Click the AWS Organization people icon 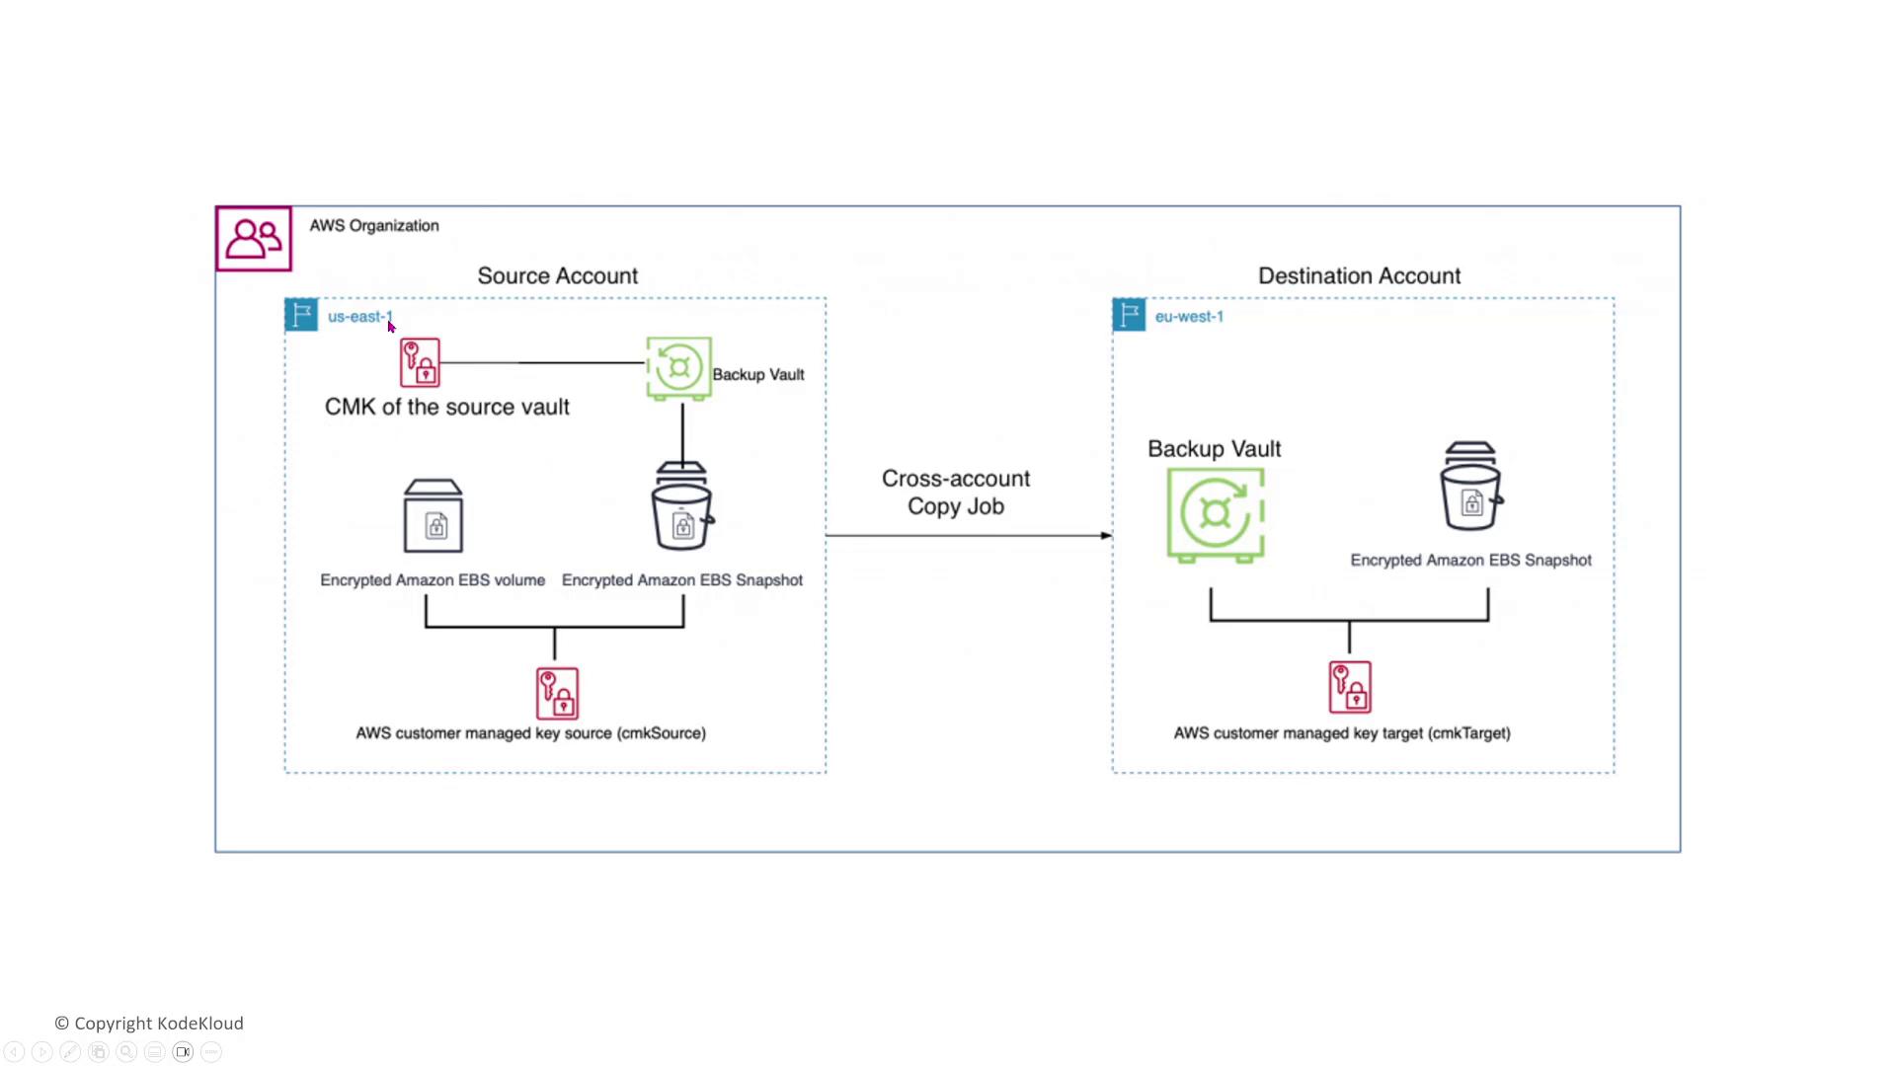pyautogui.click(x=254, y=239)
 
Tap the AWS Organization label pyautogui.click(x=374, y=226)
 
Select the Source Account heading pyautogui.click(x=557, y=276)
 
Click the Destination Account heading pyautogui.click(x=1359, y=276)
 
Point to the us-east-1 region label pyautogui.click(x=359, y=317)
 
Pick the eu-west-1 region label pyautogui.click(x=1189, y=317)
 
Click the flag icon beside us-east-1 pyautogui.click(x=301, y=315)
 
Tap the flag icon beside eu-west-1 pyautogui.click(x=1129, y=315)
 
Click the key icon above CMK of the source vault pyautogui.click(x=420, y=363)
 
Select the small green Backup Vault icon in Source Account pyautogui.click(x=678, y=368)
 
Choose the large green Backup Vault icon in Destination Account pyautogui.click(x=1216, y=514)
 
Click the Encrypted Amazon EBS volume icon pyautogui.click(x=434, y=516)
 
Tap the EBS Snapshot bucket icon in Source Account pyautogui.click(x=681, y=506)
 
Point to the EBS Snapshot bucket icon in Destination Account pyautogui.click(x=1470, y=487)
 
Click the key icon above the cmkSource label pyautogui.click(x=557, y=693)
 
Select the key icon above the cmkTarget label pyautogui.click(x=1350, y=687)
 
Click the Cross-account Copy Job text pyautogui.click(x=956, y=493)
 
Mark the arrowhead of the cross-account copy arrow pyautogui.click(x=1106, y=536)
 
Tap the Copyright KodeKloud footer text pyautogui.click(x=149, y=1024)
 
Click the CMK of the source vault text pyautogui.click(x=446, y=408)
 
